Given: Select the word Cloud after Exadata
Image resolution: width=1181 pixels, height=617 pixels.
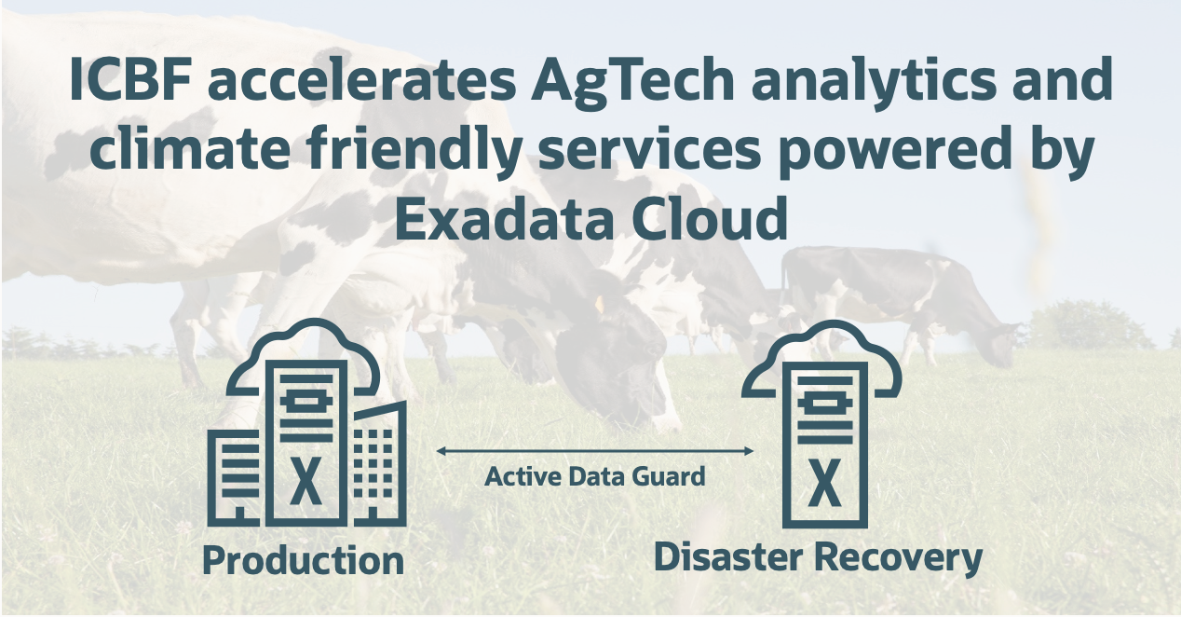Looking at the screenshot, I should point(707,220).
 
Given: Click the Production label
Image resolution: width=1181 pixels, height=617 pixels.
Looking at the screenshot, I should point(303,561).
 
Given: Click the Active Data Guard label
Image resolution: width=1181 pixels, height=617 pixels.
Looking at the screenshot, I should point(595,477).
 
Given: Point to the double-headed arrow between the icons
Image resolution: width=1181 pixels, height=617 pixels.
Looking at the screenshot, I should point(595,451).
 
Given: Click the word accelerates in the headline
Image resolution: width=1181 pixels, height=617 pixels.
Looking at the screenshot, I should point(363,83).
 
